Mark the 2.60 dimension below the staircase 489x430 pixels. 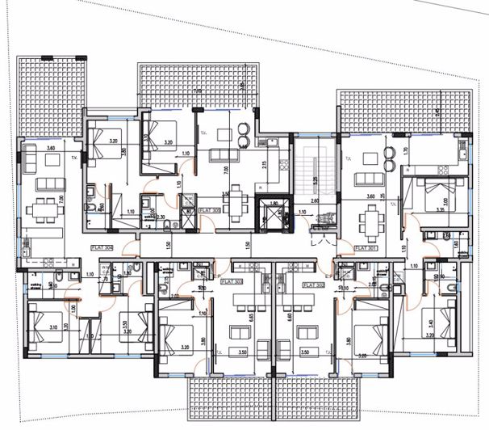click(x=316, y=201)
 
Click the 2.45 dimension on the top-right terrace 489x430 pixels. click(x=439, y=113)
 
